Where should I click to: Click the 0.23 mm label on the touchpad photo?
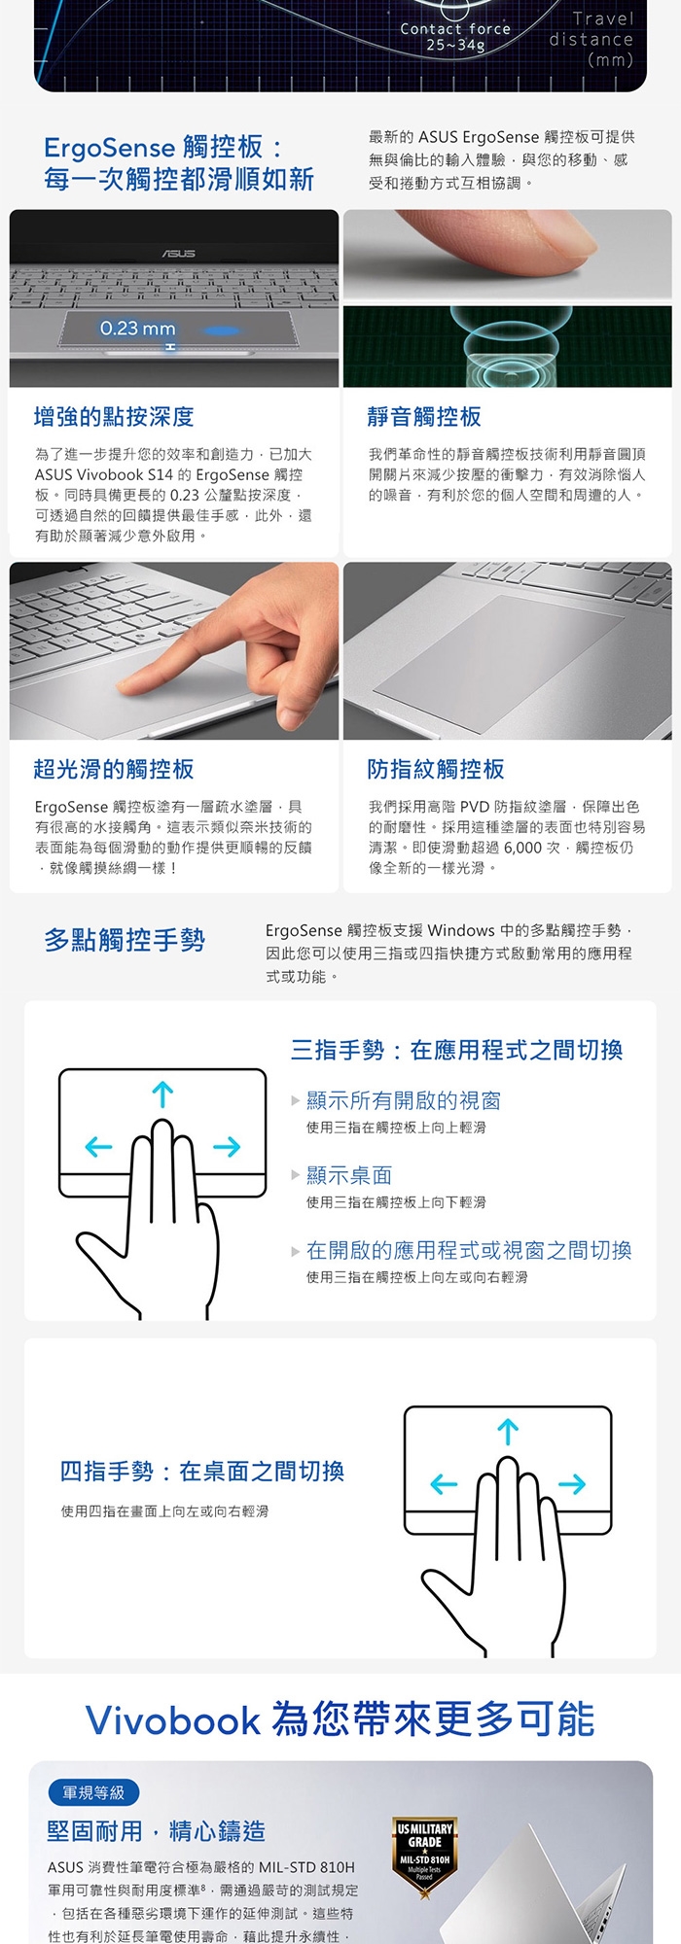(137, 329)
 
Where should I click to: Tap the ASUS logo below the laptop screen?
(178, 254)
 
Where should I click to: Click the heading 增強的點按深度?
(114, 417)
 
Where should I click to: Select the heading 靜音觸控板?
(424, 417)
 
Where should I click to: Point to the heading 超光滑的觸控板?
(114, 769)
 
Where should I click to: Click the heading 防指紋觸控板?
(436, 769)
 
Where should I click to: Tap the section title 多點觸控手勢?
(125, 940)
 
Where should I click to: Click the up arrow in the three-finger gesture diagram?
(162, 1094)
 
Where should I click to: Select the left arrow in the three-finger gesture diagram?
(99, 1147)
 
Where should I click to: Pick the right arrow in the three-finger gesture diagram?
(227, 1147)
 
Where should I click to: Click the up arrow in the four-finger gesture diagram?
(508, 1432)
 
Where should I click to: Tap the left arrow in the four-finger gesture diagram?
(444, 1484)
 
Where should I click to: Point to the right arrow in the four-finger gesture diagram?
(573, 1484)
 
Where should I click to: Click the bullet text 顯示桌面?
(349, 1175)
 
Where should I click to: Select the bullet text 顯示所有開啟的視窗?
(404, 1100)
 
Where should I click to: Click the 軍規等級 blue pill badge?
(93, 1792)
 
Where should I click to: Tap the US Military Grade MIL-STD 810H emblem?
(425, 1853)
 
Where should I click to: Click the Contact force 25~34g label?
(455, 37)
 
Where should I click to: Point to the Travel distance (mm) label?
(591, 39)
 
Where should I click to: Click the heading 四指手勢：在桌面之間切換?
(202, 1471)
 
